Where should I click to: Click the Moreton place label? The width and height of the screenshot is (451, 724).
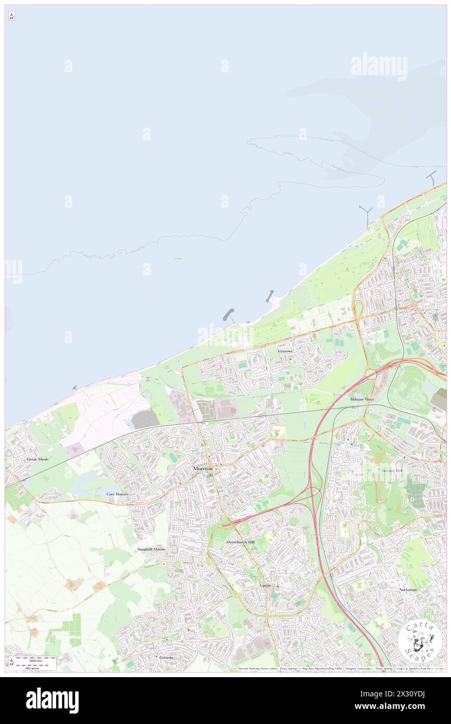(x=203, y=468)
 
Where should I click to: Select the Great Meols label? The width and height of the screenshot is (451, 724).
(x=37, y=459)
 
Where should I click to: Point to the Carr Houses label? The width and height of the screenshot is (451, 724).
(x=117, y=494)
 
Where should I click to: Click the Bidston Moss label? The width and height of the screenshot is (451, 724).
(x=362, y=399)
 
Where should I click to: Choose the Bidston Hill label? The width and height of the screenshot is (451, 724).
(x=392, y=470)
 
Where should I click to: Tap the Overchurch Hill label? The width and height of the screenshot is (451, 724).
(x=241, y=542)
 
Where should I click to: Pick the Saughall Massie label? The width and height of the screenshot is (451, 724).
(x=151, y=549)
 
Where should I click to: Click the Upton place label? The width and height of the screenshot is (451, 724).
(x=265, y=585)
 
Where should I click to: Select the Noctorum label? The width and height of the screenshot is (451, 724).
(x=408, y=590)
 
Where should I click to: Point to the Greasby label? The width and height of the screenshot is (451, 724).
(x=167, y=657)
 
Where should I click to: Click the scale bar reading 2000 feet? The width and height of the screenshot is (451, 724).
(x=34, y=660)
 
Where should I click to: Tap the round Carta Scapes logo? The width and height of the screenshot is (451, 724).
(x=420, y=642)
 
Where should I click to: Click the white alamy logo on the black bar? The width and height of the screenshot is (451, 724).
(x=52, y=700)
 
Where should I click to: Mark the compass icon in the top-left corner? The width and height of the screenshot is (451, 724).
(x=11, y=16)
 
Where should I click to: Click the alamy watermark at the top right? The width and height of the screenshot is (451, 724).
(x=379, y=66)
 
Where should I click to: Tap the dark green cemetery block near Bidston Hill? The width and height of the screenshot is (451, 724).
(x=416, y=492)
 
